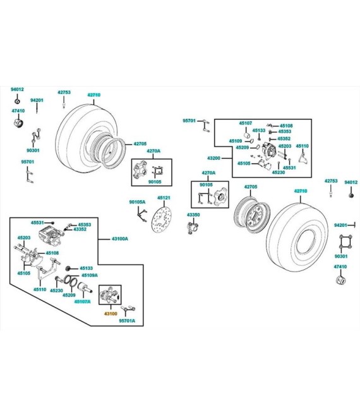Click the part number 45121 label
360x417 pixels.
164,198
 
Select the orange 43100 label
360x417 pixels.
111,313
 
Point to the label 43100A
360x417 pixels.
119,239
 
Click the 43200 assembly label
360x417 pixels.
213,158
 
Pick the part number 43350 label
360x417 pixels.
193,215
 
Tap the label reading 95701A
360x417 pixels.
127,321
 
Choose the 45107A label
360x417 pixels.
83,301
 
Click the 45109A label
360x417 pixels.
90,275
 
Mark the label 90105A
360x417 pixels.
137,202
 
